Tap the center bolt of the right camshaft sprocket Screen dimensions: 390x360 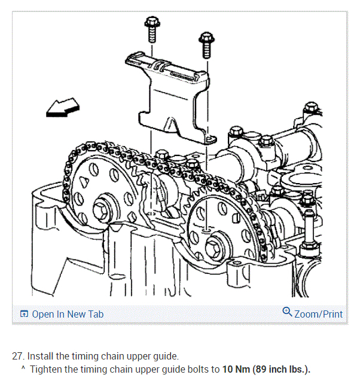tap(213, 245)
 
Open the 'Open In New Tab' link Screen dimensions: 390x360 tap(67, 314)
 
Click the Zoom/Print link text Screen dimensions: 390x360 tap(319, 314)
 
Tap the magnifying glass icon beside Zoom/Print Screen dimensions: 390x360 tap(287, 313)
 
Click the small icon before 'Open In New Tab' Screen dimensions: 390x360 tap(24, 314)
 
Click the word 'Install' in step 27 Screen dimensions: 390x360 tap(41, 355)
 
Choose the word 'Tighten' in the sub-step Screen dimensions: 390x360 tap(47, 369)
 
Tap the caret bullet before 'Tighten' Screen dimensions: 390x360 tap(23, 368)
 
